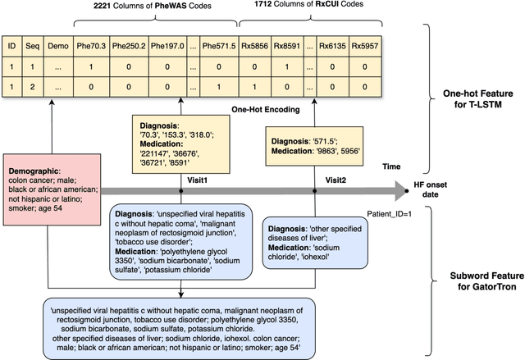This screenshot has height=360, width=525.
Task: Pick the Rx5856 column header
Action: pyautogui.click(x=260, y=46)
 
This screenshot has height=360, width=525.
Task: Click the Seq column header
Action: pyautogui.click(x=32, y=46)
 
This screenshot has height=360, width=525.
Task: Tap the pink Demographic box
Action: pyautogui.click(x=51, y=185)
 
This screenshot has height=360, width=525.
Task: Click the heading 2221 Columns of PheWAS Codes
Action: pyautogui.click(x=152, y=8)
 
